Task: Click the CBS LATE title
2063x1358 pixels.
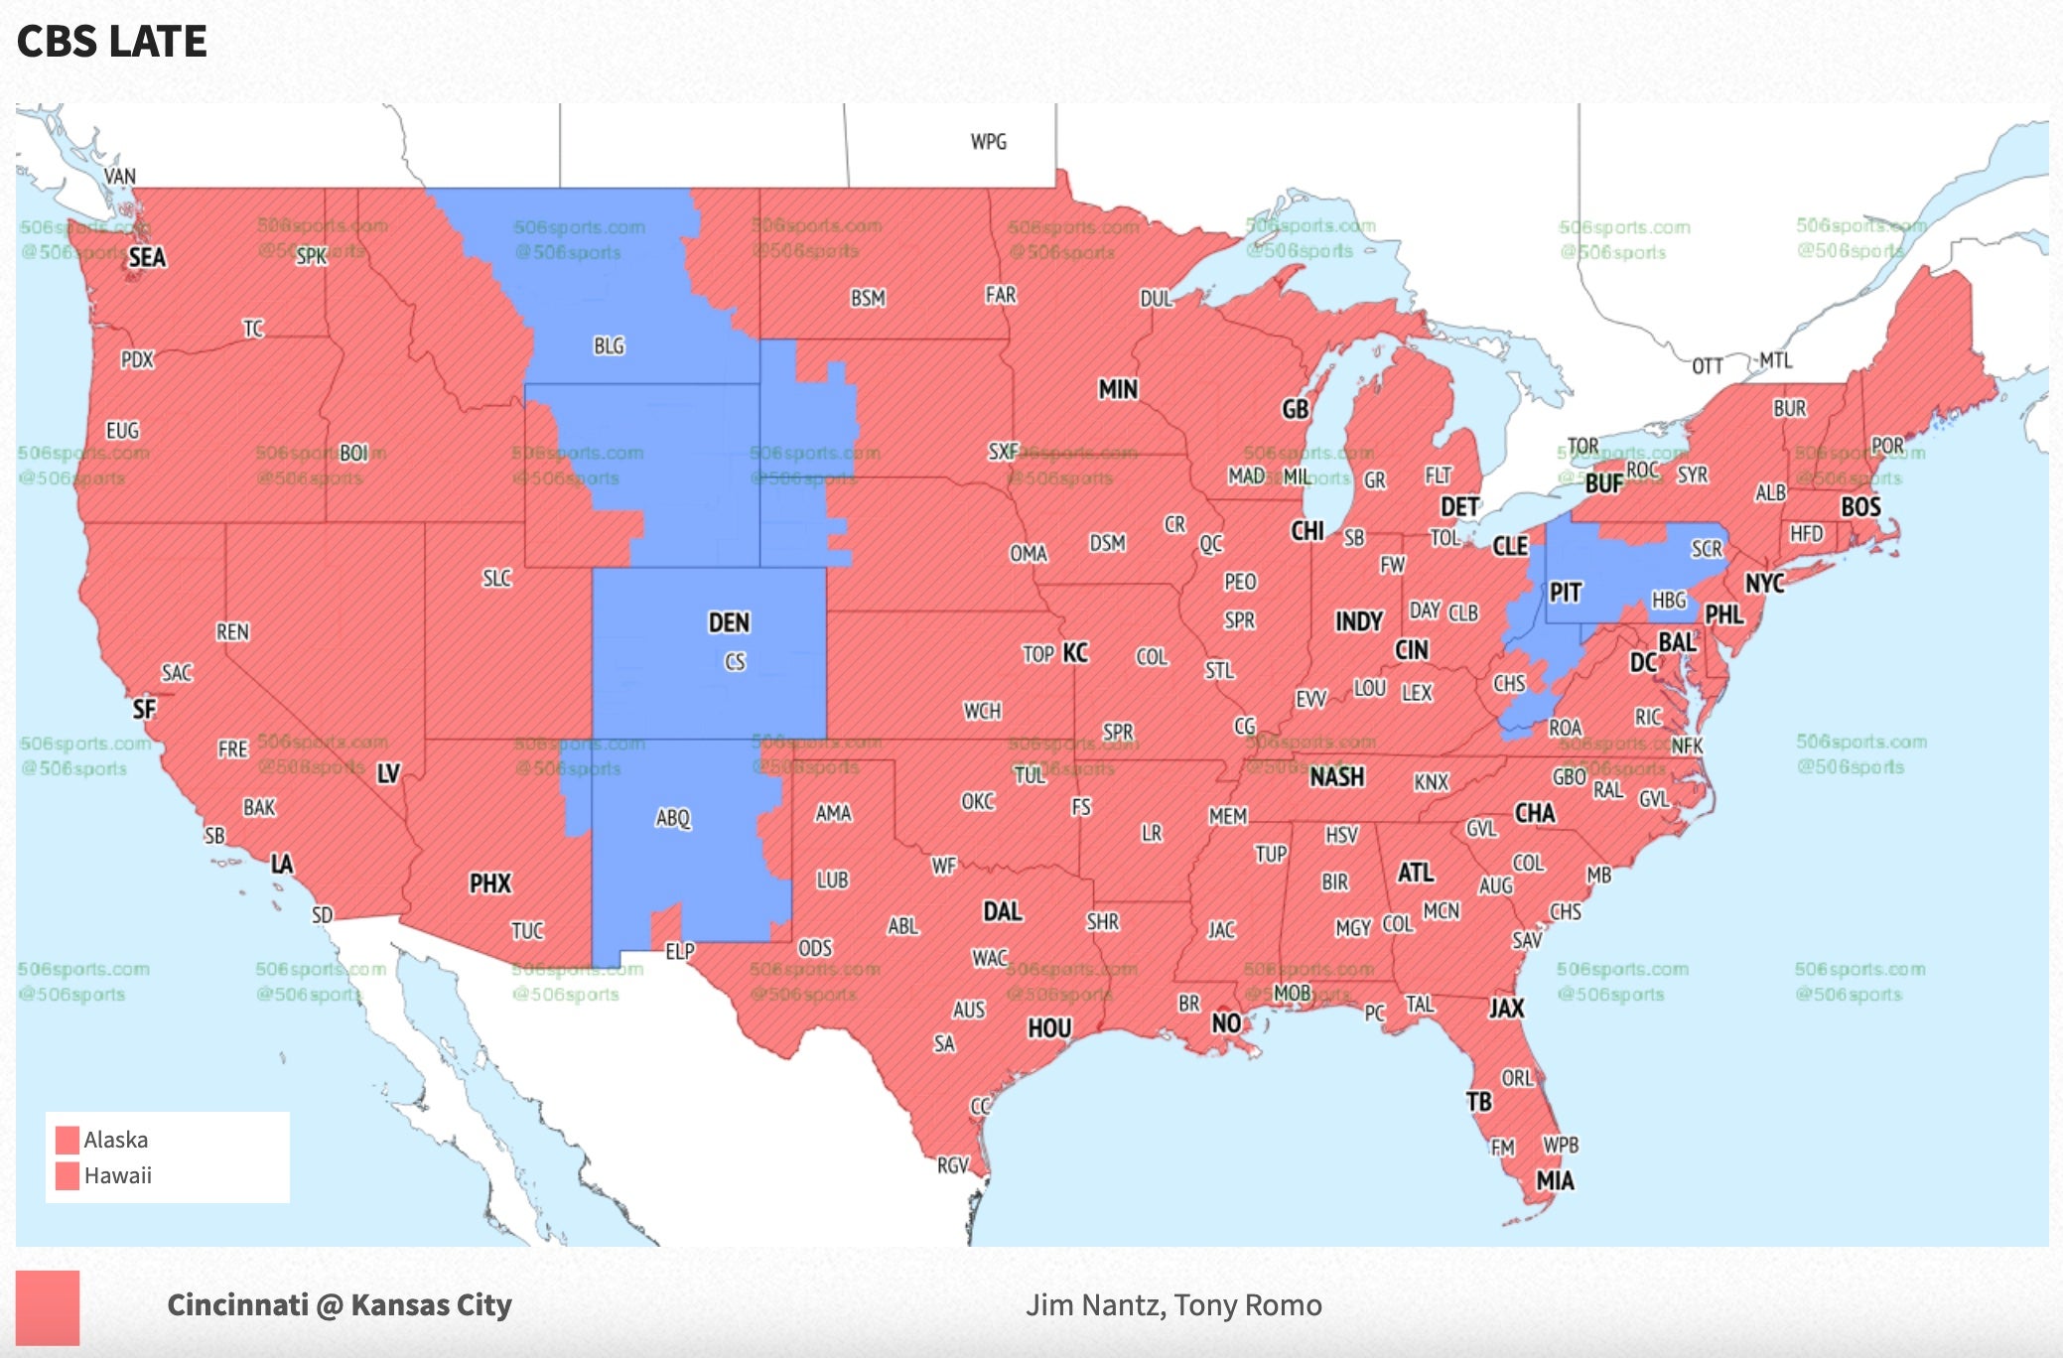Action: (x=111, y=42)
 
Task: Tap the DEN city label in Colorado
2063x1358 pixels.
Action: (x=728, y=622)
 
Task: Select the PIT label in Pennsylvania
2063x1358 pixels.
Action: (x=1565, y=593)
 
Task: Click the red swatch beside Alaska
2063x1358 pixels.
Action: (x=68, y=1139)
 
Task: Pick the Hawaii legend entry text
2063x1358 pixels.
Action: (x=117, y=1175)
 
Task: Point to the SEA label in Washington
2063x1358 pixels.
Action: (x=147, y=257)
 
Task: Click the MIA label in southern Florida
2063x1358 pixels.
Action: (x=1555, y=1180)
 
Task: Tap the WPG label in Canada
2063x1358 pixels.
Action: (x=988, y=142)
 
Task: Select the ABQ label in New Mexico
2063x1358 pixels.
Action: (x=672, y=818)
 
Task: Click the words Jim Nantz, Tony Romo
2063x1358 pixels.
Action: (x=1172, y=1304)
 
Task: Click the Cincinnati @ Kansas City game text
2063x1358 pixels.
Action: (x=339, y=1304)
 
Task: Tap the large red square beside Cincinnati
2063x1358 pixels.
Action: (x=47, y=1307)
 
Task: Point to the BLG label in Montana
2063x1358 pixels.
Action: (x=609, y=345)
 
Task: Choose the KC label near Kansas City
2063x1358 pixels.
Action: (x=1075, y=652)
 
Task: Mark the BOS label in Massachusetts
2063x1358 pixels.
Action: (x=1859, y=507)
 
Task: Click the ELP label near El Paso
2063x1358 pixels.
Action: (x=679, y=951)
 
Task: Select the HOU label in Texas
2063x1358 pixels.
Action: (x=1048, y=1027)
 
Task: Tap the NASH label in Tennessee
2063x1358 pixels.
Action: (x=1336, y=776)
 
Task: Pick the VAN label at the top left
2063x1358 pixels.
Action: (x=119, y=176)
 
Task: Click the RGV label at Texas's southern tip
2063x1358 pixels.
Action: (x=952, y=1164)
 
